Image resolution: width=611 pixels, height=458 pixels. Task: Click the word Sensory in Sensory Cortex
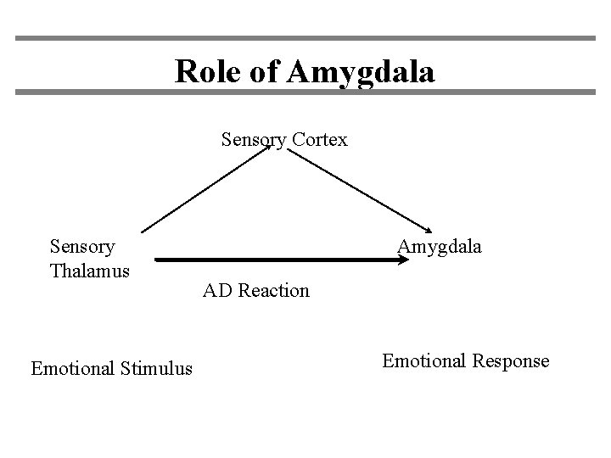click(x=253, y=140)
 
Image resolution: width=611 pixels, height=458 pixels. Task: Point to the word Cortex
click(x=318, y=139)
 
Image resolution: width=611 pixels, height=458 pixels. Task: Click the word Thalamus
click(x=89, y=271)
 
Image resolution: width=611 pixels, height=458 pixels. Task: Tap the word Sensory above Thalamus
click(x=82, y=247)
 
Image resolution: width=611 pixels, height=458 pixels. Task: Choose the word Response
click(x=513, y=360)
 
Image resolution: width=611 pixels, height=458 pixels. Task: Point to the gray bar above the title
click(x=305, y=38)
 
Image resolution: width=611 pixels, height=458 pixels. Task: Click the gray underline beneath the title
click(x=305, y=91)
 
